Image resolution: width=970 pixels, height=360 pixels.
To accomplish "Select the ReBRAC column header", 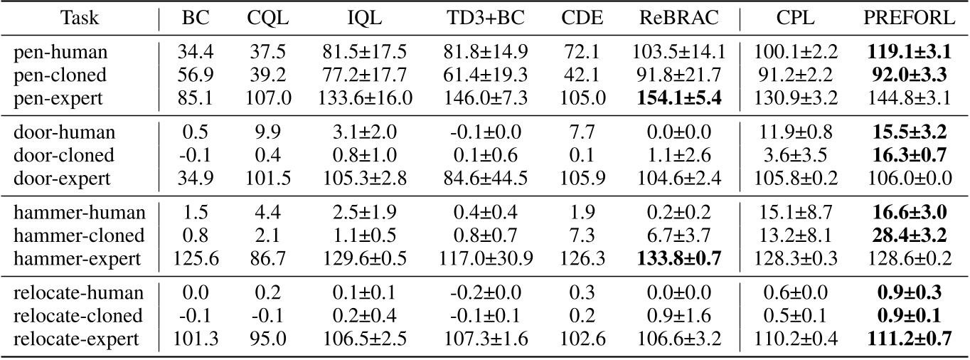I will pyautogui.click(x=676, y=18).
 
